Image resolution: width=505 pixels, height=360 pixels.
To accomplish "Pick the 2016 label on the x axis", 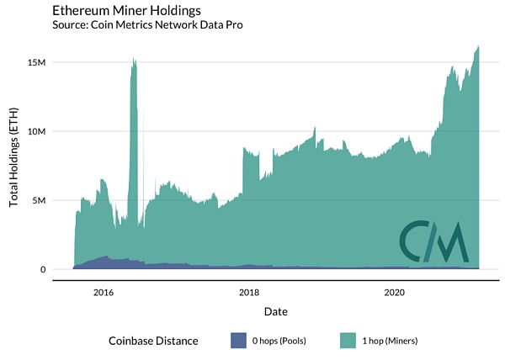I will tap(103, 292).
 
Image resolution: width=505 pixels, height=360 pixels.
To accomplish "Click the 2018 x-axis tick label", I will tap(248, 292).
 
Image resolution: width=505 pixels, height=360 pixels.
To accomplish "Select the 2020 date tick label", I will tap(395, 292).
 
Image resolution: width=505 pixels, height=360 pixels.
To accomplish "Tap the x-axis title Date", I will tap(275, 311).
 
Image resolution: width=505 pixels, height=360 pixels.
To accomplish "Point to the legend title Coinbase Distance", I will tap(153, 341).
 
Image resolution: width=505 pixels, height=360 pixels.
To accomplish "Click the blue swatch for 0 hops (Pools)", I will tap(238, 341).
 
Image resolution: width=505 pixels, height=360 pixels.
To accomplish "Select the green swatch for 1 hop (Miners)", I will tap(347, 341).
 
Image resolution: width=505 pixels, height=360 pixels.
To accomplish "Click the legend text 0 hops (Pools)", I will tap(286, 341).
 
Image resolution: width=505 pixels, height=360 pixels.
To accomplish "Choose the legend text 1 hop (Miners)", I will tap(391, 341).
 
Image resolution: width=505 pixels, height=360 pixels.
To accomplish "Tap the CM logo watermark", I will tap(433, 241).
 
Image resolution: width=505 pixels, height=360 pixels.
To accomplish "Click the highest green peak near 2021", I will tap(478, 46).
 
